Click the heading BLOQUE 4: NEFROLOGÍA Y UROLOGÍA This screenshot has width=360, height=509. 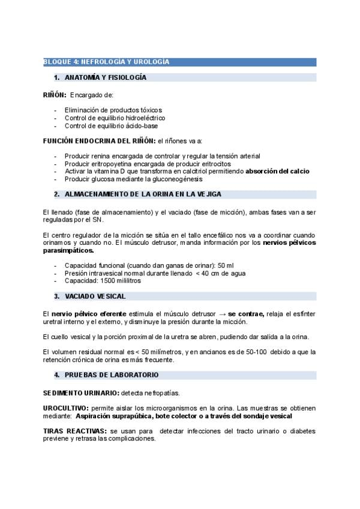[x=106, y=62]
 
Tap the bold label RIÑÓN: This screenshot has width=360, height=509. [x=55, y=95]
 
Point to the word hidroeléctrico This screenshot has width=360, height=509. [x=144, y=118]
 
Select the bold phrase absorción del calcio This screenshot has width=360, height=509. [x=277, y=172]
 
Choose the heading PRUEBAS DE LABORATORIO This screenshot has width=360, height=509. [x=111, y=375]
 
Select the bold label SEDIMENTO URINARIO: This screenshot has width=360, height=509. [x=81, y=393]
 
